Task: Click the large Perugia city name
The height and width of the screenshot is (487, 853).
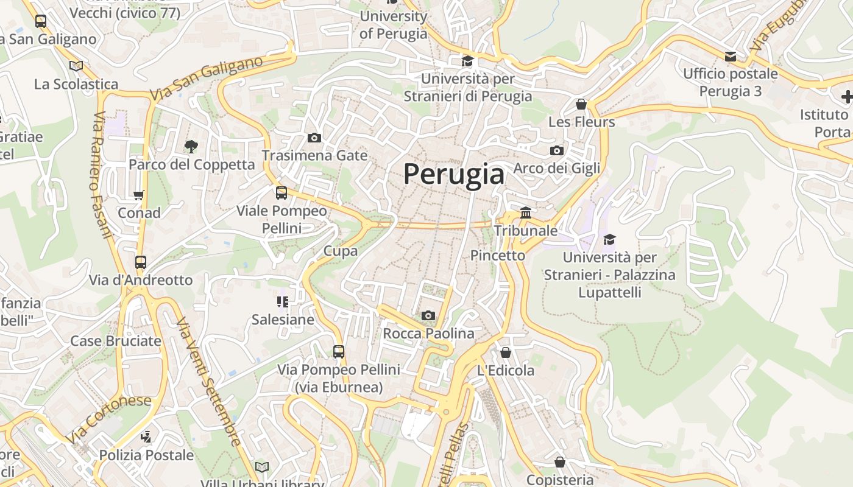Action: (x=454, y=175)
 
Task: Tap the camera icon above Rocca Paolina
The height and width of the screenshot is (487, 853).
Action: (x=428, y=315)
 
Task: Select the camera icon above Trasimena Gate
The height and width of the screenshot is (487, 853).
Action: (x=314, y=138)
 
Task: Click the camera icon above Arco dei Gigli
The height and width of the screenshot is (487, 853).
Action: (x=556, y=150)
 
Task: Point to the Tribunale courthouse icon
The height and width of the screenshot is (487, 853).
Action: (x=526, y=212)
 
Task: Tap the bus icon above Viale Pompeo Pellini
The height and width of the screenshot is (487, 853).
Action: (x=281, y=193)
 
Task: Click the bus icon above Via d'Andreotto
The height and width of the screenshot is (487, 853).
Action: (x=141, y=262)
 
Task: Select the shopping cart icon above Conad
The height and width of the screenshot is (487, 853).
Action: (x=139, y=195)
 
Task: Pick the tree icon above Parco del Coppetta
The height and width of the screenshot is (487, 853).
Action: (x=191, y=146)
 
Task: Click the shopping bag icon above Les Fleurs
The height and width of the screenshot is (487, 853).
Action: (x=581, y=104)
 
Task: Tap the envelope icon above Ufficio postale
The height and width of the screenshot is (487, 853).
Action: (x=730, y=57)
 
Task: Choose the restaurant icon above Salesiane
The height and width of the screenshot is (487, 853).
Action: (x=282, y=301)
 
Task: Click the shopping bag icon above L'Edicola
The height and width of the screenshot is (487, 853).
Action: (x=505, y=352)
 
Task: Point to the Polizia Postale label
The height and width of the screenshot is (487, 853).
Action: (x=146, y=455)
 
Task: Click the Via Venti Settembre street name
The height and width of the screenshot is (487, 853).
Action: (x=208, y=380)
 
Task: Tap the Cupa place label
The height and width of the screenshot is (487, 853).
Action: (x=341, y=251)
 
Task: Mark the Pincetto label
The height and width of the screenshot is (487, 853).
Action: (x=498, y=256)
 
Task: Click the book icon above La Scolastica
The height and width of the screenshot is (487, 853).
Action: (x=76, y=66)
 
